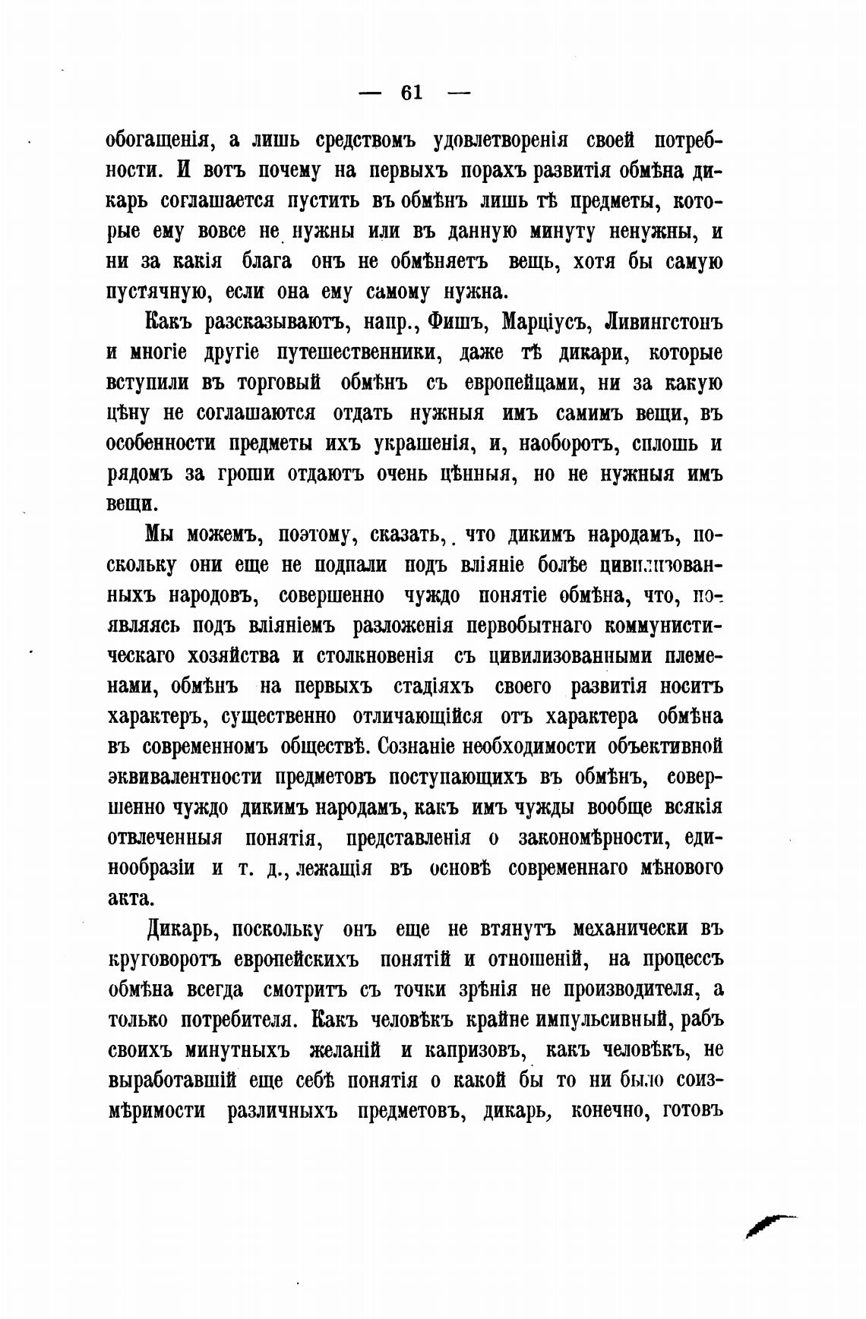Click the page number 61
(x=411, y=93)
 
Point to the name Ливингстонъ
(x=662, y=322)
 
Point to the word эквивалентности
(x=186, y=778)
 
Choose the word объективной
(x=668, y=747)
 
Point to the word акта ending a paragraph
(x=131, y=898)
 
